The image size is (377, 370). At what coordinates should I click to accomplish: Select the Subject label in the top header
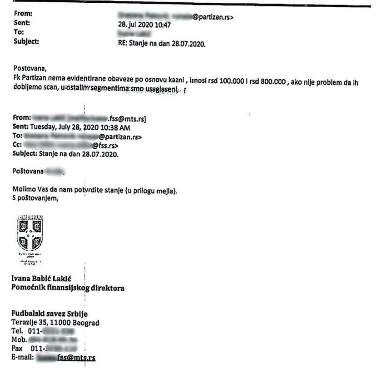(x=27, y=42)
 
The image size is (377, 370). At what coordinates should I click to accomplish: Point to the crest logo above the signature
(x=30, y=233)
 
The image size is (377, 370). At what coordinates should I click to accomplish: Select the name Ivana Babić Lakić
(x=43, y=279)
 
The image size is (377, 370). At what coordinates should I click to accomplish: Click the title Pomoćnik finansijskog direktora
(x=68, y=288)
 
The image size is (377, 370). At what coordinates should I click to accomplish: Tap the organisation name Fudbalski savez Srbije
(x=50, y=314)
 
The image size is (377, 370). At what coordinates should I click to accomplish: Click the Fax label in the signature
(x=18, y=349)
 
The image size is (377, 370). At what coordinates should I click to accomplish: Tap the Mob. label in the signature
(x=19, y=340)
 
